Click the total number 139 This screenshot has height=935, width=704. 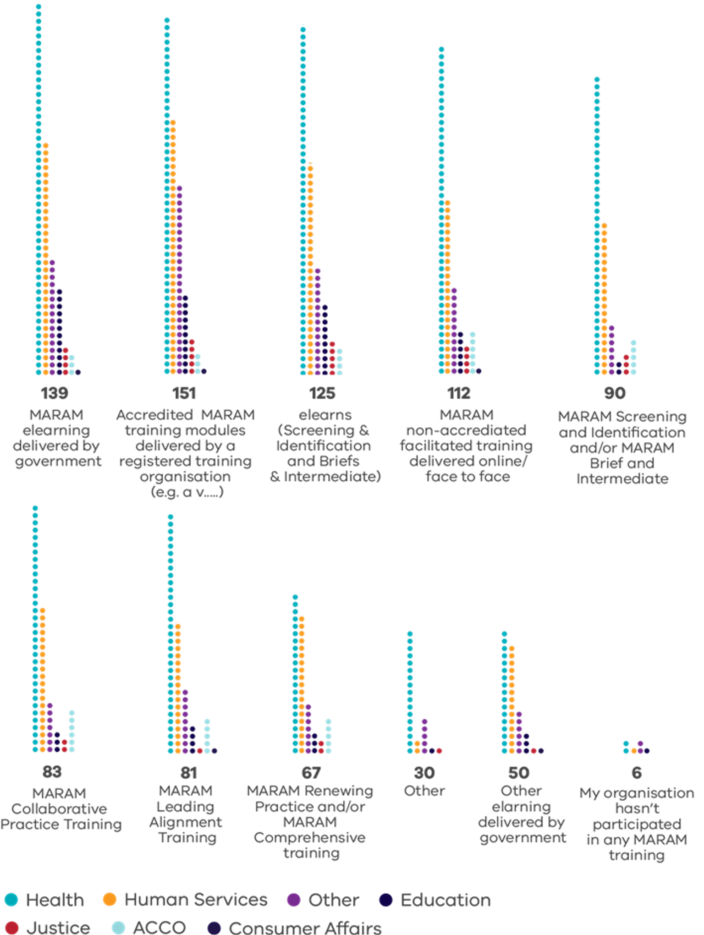[x=55, y=393]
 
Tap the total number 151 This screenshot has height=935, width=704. [x=184, y=393]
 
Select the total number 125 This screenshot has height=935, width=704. [x=323, y=393]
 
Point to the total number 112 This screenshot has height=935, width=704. [x=459, y=393]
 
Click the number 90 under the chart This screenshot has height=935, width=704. [x=615, y=393]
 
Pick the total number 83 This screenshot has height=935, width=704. [x=52, y=771]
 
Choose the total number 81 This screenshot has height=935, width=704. [x=189, y=773]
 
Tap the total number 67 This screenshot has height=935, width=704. [x=311, y=773]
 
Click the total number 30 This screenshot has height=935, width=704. [x=424, y=773]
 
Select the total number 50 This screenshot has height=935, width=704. [x=519, y=773]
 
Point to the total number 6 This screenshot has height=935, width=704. [x=637, y=773]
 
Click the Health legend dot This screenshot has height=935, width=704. [x=11, y=900]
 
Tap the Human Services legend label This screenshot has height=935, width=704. [x=196, y=900]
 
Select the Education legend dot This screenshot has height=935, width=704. [x=386, y=900]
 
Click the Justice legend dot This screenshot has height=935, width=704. [x=11, y=928]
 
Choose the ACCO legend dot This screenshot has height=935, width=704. [x=118, y=928]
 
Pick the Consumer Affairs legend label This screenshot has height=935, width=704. [x=305, y=928]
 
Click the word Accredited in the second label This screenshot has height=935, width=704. [x=154, y=415]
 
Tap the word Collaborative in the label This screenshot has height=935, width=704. [x=59, y=808]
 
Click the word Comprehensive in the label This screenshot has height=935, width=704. [x=310, y=838]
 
